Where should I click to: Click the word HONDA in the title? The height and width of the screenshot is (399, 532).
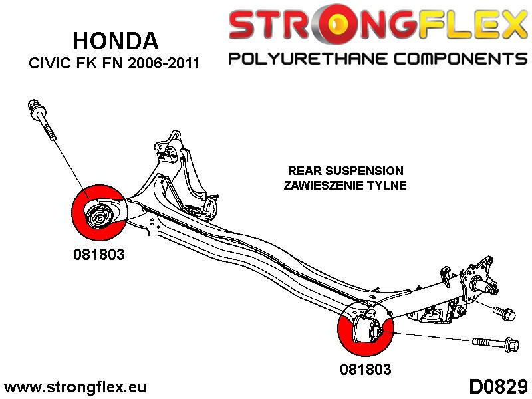[115, 41]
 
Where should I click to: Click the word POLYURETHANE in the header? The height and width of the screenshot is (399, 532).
[305, 59]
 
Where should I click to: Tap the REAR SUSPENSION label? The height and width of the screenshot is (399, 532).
[345, 171]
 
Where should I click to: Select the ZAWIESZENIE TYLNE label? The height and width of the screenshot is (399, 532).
[345, 186]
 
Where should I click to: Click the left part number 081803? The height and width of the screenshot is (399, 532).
[99, 253]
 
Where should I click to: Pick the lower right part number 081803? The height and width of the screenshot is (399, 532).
[365, 368]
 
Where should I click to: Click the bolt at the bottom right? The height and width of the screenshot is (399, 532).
[495, 343]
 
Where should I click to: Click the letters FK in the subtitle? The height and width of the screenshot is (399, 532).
[86, 65]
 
